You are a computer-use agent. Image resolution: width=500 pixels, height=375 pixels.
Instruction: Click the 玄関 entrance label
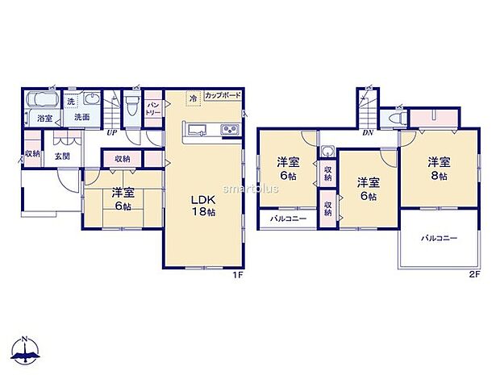click(x=62, y=156)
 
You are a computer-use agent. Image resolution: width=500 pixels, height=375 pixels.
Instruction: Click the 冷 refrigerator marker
click(x=193, y=99)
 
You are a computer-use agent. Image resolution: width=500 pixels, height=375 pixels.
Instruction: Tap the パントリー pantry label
click(x=153, y=108)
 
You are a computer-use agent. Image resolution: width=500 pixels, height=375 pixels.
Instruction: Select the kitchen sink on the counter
click(x=196, y=131)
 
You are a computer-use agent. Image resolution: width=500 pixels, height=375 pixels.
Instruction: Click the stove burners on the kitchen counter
click(x=227, y=131)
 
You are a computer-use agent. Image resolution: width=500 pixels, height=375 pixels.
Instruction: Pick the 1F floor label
click(x=239, y=275)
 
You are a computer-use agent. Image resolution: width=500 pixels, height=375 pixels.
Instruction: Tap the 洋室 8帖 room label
click(x=439, y=166)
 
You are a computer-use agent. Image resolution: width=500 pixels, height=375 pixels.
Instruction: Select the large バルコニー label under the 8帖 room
click(x=439, y=239)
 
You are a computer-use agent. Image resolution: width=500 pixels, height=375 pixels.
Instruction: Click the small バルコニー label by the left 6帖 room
click(x=281, y=219)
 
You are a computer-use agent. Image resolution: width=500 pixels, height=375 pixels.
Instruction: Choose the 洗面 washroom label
click(x=81, y=118)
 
